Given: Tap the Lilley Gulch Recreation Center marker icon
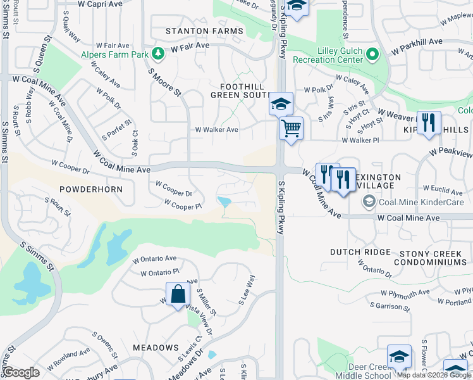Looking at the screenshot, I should tap(372, 54).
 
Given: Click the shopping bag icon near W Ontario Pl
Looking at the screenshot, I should tap(178, 294).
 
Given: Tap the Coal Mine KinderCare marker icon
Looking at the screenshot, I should tap(369, 202).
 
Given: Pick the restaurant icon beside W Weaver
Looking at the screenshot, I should tap(429, 123).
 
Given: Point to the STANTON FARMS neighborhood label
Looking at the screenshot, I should tap(204, 31).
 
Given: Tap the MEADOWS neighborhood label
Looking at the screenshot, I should tap(156, 348).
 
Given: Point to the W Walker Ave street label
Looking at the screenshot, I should tap(216, 130).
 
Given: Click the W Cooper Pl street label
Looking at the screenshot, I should tap(182, 205).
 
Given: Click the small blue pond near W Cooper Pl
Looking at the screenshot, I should tap(224, 201).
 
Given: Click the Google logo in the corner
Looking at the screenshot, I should tap(21, 372).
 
